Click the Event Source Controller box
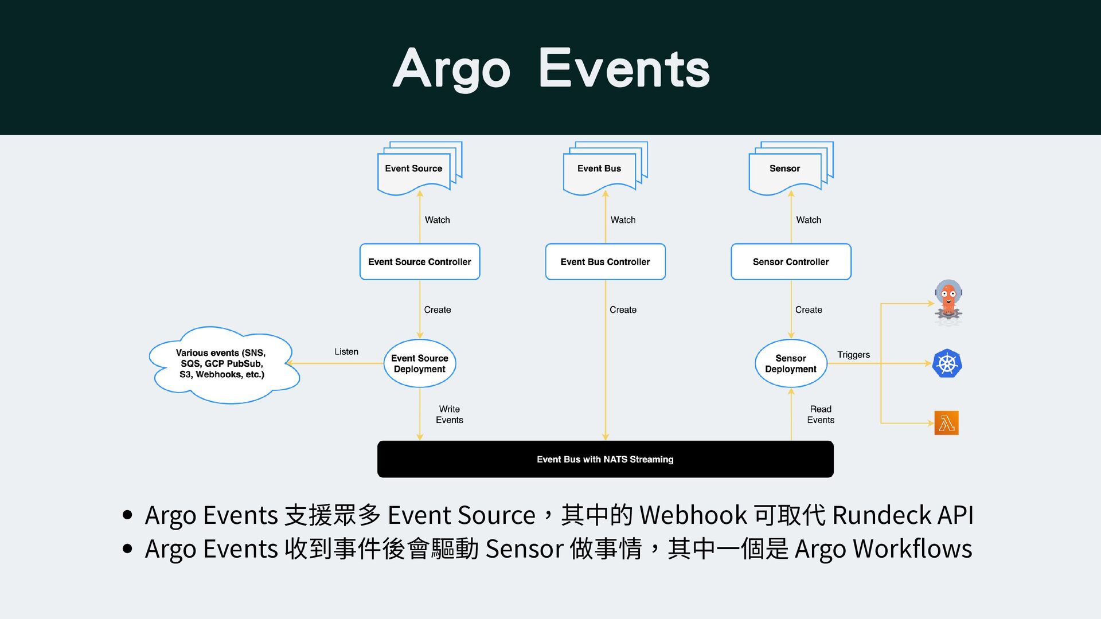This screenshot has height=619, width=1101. click(x=419, y=262)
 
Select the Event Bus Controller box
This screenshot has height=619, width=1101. click(x=605, y=262)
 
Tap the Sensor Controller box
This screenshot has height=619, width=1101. click(x=791, y=262)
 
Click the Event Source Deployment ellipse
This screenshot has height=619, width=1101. click(x=419, y=363)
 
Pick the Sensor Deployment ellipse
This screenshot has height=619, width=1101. click(x=791, y=363)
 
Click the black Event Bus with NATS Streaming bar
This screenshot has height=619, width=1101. click(x=605, y=459)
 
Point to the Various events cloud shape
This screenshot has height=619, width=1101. click(x=222, y=364)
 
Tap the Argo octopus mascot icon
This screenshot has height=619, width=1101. click(x=948, y=302)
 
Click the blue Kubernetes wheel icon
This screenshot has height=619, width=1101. click(x=947, y=363)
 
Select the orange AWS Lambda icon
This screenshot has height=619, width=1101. click(x=946, y=423)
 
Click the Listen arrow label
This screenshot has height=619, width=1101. click(x=346, y=351)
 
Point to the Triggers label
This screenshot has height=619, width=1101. click(x=853, y=355)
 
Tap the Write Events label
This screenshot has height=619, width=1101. click(x=450, y=414)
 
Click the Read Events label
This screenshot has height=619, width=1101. click(x=821, y=414)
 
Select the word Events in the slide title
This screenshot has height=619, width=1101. click(x=624, y=69)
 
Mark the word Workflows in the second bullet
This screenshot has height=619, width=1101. click(x=912, y=549)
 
